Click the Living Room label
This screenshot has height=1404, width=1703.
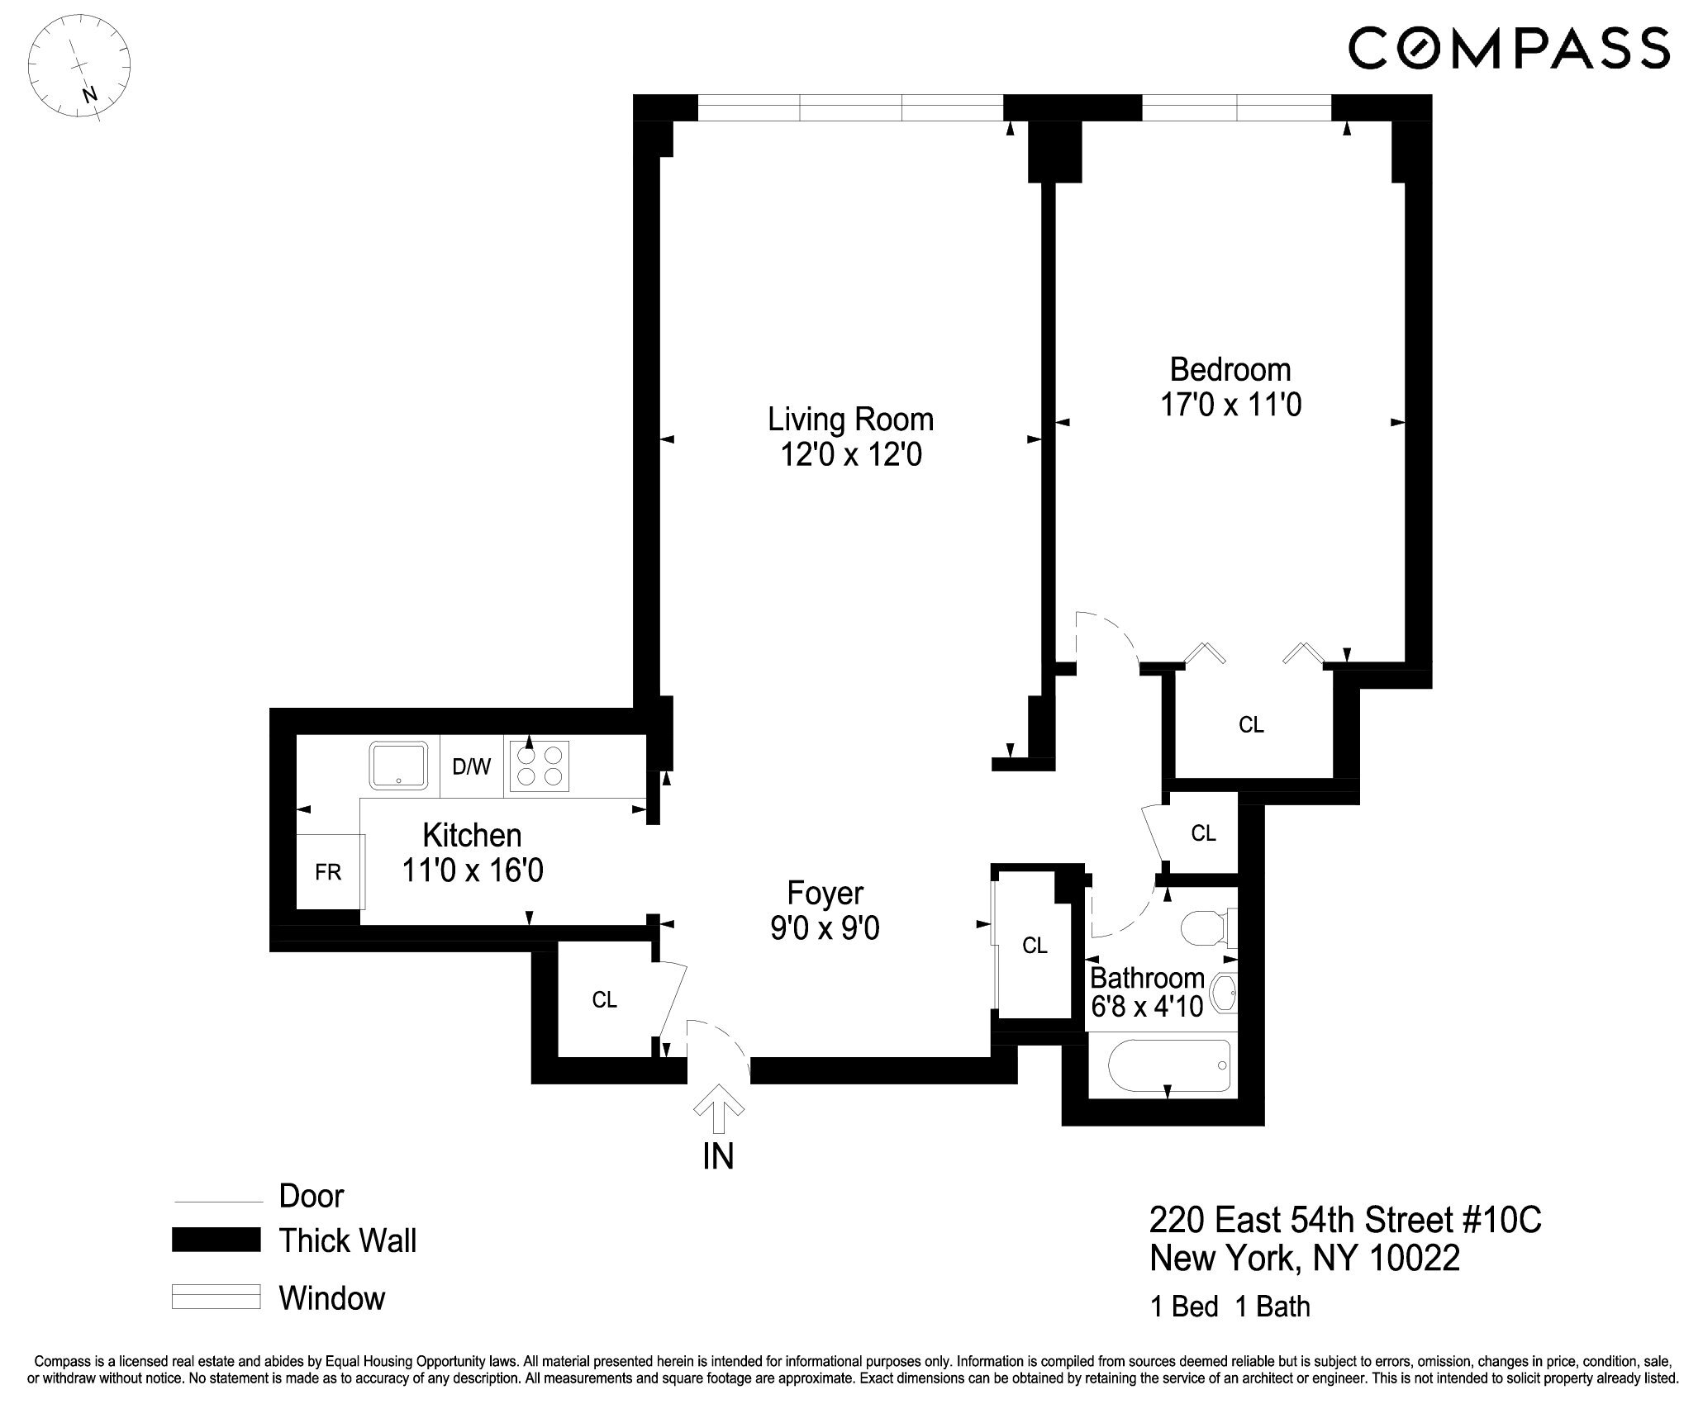[850, 420]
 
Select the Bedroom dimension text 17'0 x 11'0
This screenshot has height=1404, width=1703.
[1230, 405]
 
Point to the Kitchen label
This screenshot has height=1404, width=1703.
[472, 835]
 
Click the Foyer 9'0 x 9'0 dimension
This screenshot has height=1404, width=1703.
[825, 929]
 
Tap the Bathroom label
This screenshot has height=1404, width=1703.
[1147, 978]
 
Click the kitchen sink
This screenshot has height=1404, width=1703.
[400, 766]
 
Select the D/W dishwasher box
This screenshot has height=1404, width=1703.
[471, 767]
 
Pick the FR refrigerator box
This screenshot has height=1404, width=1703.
[328, 872]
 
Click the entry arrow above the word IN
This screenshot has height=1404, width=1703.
[717, 1107]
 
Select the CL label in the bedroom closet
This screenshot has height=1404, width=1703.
[1251, 725]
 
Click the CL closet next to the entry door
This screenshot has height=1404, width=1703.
[604, 1000]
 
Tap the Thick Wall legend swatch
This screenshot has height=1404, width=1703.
[216, 1240]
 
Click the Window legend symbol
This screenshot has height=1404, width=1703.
[216, 1297]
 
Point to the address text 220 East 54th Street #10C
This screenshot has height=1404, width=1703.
[1345, 1220]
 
